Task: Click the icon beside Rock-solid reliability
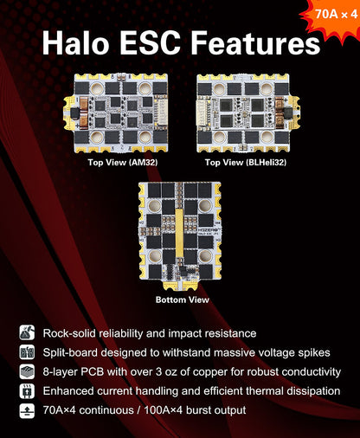pos(27,332)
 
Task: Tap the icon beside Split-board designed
pos(27,352)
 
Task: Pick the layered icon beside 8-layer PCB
pos(27,371)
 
